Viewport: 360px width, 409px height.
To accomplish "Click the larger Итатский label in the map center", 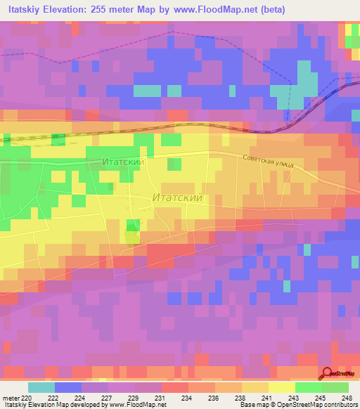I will click(x=178, y=198).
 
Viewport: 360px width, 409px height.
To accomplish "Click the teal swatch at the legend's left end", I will click(x=41, y=387).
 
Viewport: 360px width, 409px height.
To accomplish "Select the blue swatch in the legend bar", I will click(x=67, y=387).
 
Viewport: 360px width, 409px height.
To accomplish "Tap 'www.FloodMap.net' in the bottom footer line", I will click(x=135, y=405).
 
